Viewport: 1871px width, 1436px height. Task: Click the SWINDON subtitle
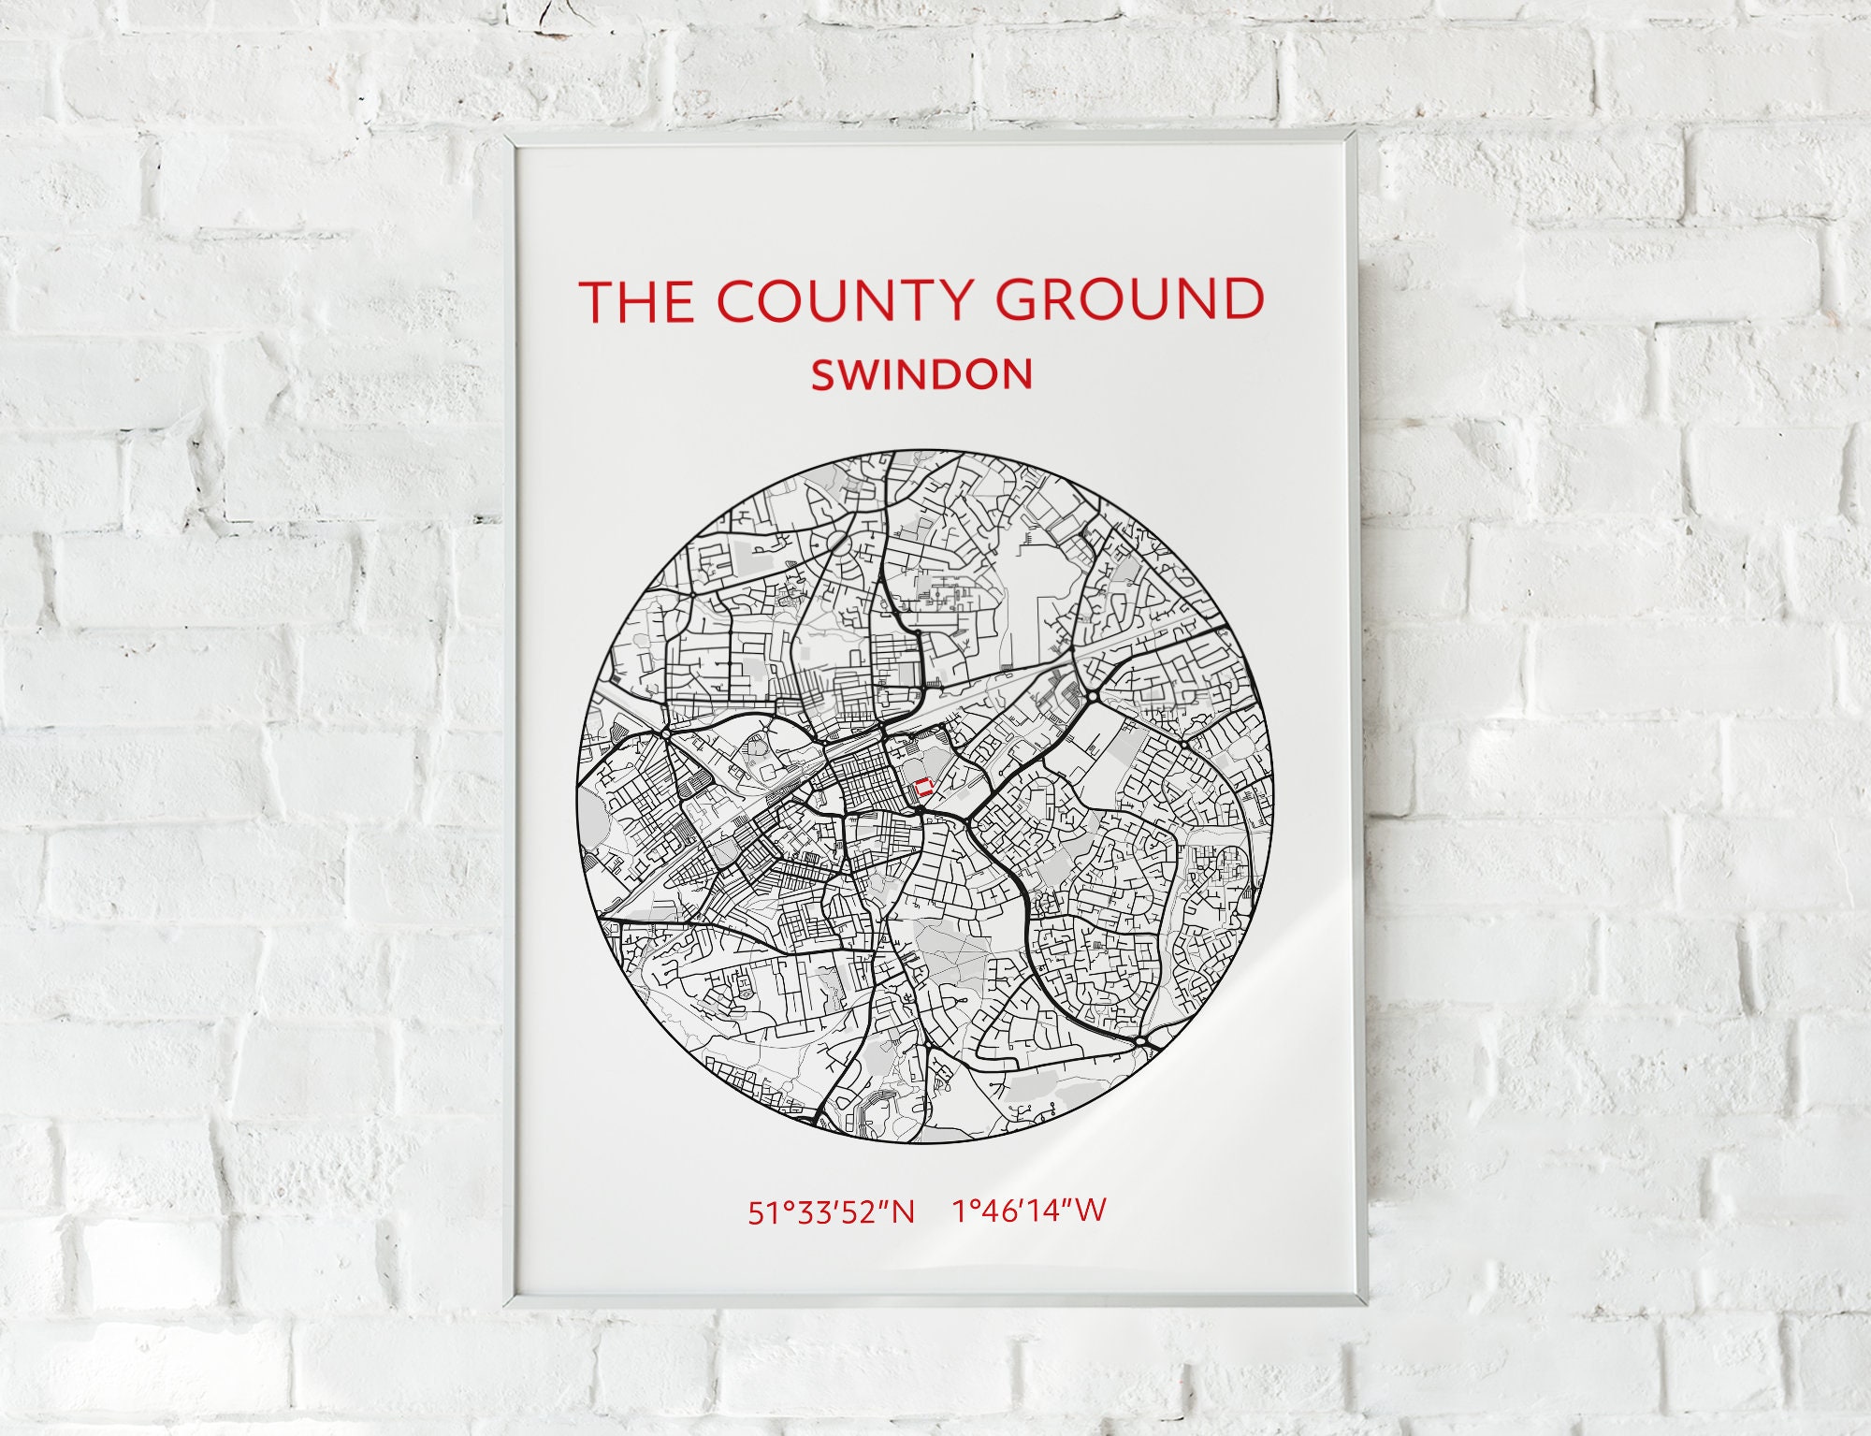[x=921, y=375]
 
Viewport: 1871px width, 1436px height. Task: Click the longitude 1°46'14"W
[x=1029, y=1211]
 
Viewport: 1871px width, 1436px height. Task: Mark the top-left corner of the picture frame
[x=506, y=138]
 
